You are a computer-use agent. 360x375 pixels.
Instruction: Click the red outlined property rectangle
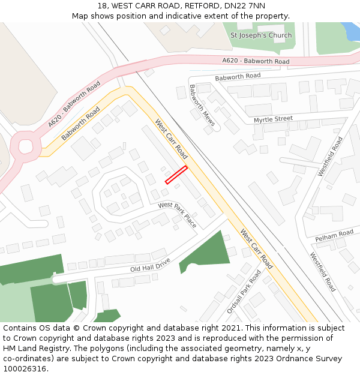176,175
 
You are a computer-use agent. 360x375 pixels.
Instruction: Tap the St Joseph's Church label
261,35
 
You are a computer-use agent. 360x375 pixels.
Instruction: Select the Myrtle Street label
273,119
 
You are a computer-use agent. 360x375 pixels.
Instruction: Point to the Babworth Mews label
202,101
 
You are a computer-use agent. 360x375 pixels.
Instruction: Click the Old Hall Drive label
151,265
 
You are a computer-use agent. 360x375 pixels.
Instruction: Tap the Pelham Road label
334,233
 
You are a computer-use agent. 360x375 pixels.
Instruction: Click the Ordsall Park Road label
244,292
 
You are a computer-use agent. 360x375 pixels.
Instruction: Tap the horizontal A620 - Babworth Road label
256,61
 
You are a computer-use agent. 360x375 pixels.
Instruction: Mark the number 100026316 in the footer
24,369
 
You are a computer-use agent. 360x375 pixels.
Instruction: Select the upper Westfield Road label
331,157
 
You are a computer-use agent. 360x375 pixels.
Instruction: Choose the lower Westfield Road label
323,271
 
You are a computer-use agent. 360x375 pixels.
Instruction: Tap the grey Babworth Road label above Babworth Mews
238,76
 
